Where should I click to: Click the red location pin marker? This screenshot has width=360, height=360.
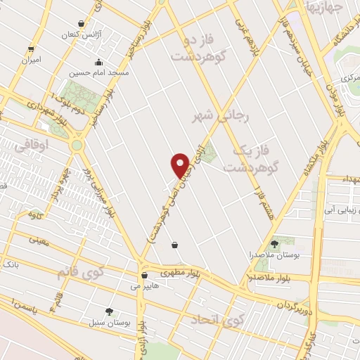point(181,166)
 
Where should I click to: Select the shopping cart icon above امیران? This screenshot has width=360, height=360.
point(30,49)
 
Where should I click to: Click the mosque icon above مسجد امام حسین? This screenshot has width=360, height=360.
point(97,61)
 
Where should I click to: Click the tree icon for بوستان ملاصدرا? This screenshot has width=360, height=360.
point(274,244)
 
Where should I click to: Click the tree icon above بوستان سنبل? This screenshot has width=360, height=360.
point(108,311)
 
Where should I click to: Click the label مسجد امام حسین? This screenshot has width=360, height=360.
point(99,72)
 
